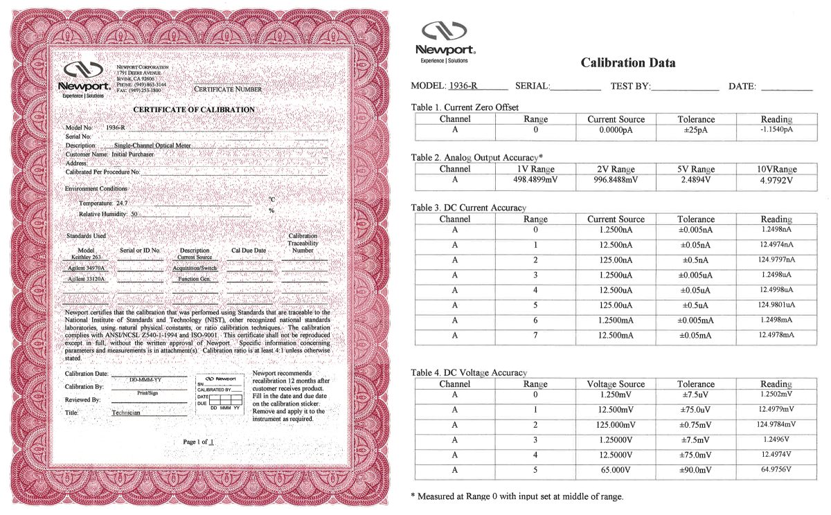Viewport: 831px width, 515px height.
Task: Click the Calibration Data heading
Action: pyautogui.click(x=628, y=63)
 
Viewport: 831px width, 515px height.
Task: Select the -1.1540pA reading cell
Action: pyautogui.click(x=776, y=129)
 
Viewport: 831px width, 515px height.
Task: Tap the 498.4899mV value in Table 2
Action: pyautogui.click(x=535, y=179)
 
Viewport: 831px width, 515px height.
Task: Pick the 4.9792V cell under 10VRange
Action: pyautogui.click(x=776, y=180)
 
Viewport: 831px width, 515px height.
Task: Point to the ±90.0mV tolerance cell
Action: pyautogui.click(x=696, y=470)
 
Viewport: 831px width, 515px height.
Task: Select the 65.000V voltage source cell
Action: pyautogui.click(x=616, y=470)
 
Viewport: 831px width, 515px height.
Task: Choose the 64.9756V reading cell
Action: pyautogui.click(x=776, y=470)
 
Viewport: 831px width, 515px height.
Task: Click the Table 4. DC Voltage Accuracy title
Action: pyautogui.click(x=469, y=373)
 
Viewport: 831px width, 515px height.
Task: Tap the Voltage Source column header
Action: pyautogui.click(x=616, y=384)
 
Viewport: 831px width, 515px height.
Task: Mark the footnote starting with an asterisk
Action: pyautogui.click(x=517, y=496)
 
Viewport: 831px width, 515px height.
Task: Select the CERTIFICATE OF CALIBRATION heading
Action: pyautogui.click(x=193, y=110)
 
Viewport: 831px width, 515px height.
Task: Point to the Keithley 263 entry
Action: pyautogui.click(x=85, y=257)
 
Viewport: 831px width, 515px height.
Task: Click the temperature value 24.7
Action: pyautogui.click(x=122, y=204)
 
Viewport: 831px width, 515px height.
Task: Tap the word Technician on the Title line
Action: pyautogui.click(x=126, y=412)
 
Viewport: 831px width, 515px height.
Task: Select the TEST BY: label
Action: pyautogui.click(x=629, y=87)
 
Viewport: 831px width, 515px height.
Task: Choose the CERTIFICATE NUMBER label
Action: pyautogui.click(x=228, y=89)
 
